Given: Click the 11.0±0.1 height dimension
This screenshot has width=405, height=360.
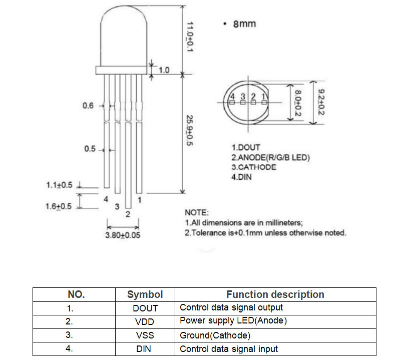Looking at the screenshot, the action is (x=190, y=37).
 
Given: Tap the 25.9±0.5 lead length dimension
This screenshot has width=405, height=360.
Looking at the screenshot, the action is (x=190, y=130).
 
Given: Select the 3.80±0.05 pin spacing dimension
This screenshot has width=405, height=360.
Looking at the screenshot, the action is (x=123, y=235).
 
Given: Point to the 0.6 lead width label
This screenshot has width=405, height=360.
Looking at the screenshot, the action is (x=88, y=106).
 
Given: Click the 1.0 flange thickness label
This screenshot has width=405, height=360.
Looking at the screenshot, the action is (x=164, y=70).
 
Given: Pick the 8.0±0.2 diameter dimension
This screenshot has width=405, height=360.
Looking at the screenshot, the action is (x=298, y=103).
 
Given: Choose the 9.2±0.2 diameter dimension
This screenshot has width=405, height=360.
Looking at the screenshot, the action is (x=321, y=102).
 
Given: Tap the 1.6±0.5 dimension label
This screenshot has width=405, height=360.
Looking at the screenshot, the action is (x=59, y=206).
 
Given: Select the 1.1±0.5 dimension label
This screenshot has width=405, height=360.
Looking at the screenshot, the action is (x=59, y=185).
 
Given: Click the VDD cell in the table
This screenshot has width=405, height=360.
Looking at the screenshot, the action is (x=145, y=322).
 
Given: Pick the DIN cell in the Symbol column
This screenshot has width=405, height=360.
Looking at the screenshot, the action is (x=144, y=349).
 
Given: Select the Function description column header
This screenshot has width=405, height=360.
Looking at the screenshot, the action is (x=275, y=294).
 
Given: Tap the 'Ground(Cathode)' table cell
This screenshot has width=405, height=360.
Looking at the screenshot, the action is (x=215, y=335).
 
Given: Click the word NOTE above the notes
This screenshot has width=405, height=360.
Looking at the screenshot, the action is (x=197, y=212).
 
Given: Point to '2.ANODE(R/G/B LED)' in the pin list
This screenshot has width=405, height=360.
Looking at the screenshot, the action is (x=270, y=157).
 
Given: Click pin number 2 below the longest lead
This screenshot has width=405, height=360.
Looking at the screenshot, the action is (x=128, y=214).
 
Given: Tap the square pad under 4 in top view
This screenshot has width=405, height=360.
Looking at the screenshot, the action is (x=232, y=103).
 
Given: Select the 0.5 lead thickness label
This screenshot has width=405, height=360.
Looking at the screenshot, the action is (x=90, y=149).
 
